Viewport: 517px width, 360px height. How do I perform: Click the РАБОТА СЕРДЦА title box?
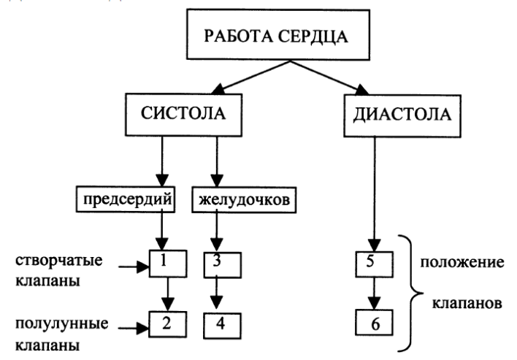278,34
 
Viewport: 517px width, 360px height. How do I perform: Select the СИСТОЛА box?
184,115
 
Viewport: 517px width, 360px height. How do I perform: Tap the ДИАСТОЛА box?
402,115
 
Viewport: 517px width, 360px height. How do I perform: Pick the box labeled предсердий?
126,199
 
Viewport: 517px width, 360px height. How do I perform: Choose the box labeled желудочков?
244,200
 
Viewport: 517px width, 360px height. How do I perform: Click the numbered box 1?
168,264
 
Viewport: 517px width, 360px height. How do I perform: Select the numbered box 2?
167,324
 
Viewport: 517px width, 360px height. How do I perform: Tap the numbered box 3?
223,265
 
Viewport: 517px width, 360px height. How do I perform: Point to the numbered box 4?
222,326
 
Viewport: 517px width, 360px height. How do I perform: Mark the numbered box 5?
374,264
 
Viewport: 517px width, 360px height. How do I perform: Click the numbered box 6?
374,323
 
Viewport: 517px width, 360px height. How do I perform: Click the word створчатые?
59,261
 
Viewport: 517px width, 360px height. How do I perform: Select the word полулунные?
61,323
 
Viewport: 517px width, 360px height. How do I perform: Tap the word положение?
462,262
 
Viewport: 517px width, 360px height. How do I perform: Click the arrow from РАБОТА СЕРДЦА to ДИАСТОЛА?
329,78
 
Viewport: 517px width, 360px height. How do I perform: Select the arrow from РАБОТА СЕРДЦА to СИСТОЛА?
250,77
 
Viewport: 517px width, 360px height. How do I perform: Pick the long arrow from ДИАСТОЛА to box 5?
374,194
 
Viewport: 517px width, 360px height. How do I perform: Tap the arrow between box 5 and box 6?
374,294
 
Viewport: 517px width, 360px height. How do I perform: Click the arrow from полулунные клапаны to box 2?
134,329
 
